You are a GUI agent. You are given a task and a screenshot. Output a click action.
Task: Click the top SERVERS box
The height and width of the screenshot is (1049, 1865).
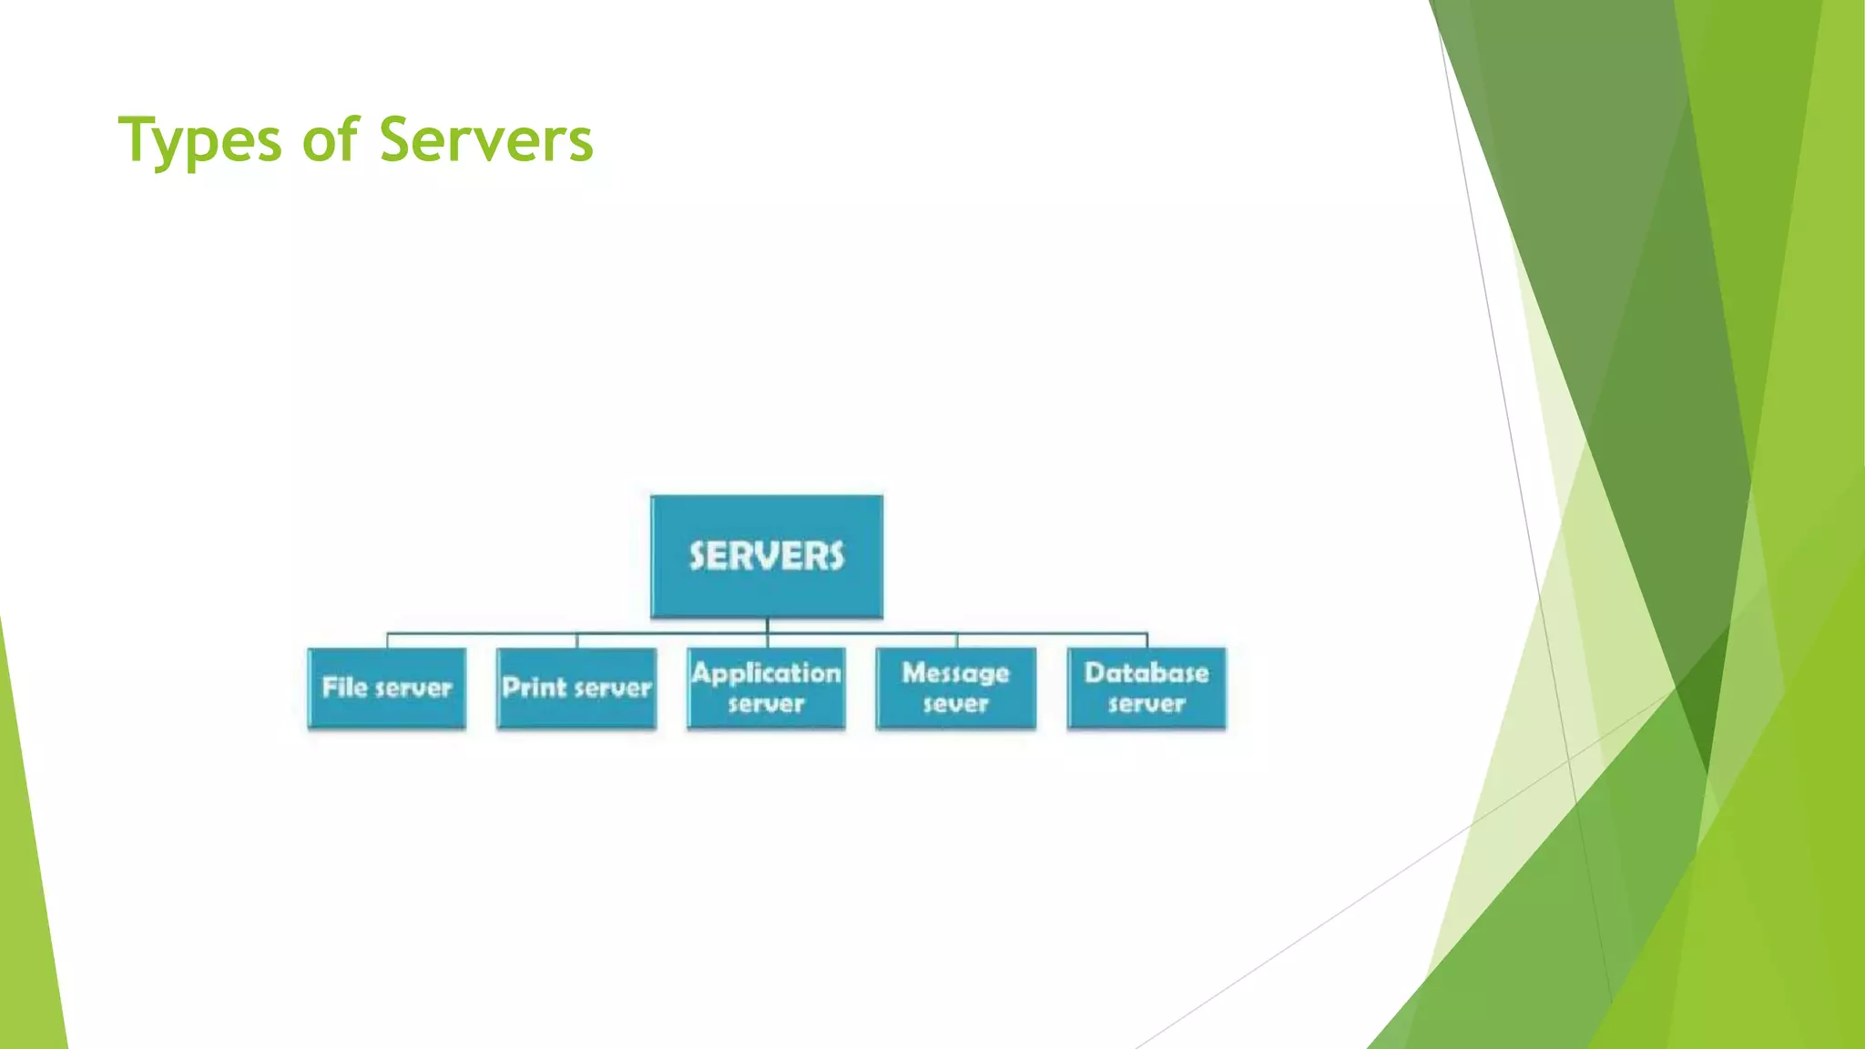tap(767, 556)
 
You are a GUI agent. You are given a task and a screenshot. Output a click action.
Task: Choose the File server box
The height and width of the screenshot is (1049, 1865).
tap(387, 688)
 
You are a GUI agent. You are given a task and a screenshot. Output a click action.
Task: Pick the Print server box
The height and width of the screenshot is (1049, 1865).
tap(576, 688)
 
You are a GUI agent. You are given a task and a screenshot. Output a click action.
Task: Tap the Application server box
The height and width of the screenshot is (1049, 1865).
tap(767, 688)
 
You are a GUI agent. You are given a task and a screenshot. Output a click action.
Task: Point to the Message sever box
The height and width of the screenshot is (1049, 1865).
tap(956, 688)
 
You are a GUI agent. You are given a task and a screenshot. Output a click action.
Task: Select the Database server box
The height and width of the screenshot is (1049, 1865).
tap(1147, 688)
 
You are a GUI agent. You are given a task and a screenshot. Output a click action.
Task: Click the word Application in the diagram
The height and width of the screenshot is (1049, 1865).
tap(767, 673)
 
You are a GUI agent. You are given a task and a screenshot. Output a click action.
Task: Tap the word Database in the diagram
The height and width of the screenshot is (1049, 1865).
tap(1147, 673)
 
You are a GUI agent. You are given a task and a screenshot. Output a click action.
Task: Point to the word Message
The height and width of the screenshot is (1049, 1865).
tap(956, 673)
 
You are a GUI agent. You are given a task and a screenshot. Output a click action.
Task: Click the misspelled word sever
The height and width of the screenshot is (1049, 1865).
tap(956, 704)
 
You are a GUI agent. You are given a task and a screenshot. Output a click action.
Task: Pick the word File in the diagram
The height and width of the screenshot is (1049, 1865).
tap(345, 687)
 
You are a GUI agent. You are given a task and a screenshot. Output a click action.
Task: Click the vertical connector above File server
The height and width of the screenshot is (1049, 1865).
tap(388, 640)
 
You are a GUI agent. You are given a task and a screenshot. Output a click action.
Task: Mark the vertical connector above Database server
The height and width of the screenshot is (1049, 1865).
tap(1147, 640)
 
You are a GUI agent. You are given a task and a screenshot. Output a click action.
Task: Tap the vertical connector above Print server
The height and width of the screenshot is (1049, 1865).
tap(577, 640)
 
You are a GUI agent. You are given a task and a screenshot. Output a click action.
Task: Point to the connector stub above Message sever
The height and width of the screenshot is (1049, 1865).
tap(957, 640)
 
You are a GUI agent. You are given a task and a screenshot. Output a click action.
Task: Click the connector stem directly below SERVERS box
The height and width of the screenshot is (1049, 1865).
tap(768, 626)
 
